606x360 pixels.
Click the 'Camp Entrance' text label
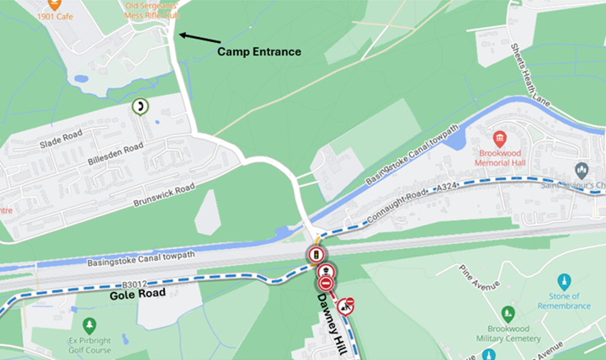(x=259, y=52)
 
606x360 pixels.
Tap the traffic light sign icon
(x=316, y=255)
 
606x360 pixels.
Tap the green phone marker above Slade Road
(x=139, y=107)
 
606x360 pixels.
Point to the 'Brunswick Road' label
(x=164, y=196)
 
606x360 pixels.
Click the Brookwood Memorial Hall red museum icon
(x=499, y=139)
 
